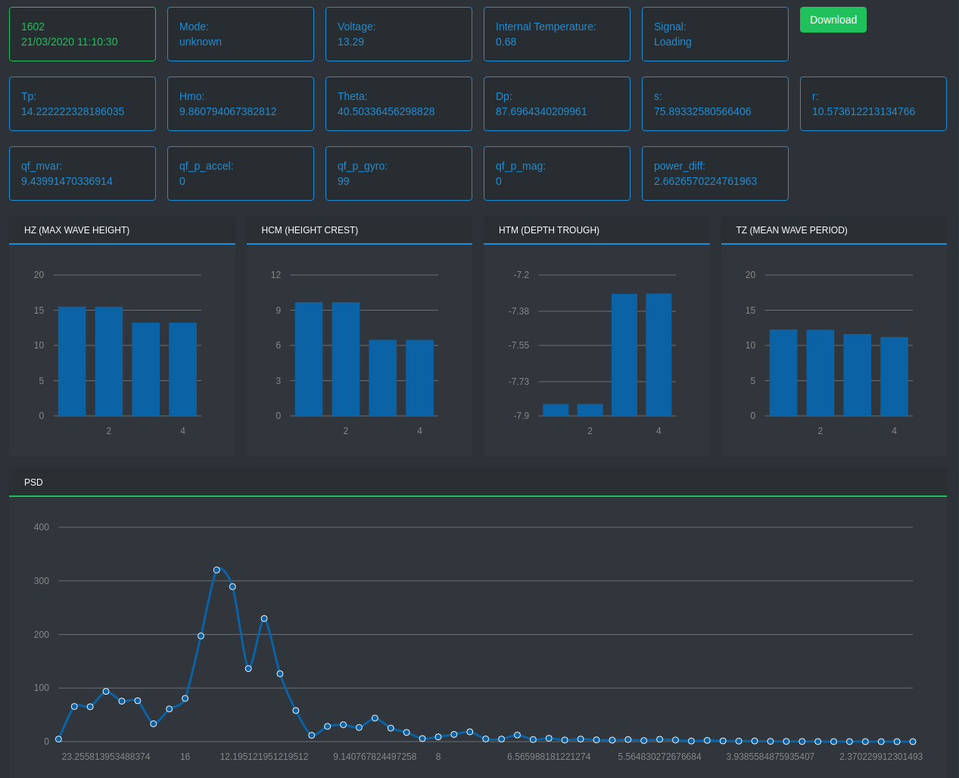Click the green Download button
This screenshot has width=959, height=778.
pyautogui.click(x=833, y=20)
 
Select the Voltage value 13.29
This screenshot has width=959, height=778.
pyautogui.click(x=350, y=42)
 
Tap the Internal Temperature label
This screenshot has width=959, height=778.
pyautogui.click(x=546, y=27)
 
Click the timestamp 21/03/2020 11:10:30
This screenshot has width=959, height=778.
pyautogui.click(x=70, y=42)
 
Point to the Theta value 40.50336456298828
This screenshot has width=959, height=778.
pyautogui.click(x=386, y=111)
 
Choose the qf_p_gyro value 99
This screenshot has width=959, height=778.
pyautogui.click(x=344, y=181)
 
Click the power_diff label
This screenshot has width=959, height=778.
pyautogui.click(x=680, y=166)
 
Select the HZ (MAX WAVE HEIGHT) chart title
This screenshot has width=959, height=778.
pyautogui.click(x=76, y=230)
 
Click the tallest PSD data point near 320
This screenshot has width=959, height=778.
pyautogui.click(x=216, y=570)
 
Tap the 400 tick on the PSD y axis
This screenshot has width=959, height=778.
pyautogui.click(x=42, y=527)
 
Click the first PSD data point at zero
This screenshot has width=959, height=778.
pyautogui.click(x=58, y=739)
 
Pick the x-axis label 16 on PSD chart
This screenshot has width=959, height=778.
pyautogui.click(x=185, y=757)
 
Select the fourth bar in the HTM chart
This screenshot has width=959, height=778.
pyautogui.click(x=659, y=355)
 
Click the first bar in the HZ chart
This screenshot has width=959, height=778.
pyautogui.click(x=72, y=361)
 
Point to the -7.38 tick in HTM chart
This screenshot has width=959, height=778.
pyautogui.click(x=519, y=311)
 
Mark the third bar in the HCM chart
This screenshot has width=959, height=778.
pyautogui.click(x=383, y=378)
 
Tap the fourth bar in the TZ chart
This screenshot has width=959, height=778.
pyautogui.click(x=894, y=377)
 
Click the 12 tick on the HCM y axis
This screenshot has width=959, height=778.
pyautogui.click(x=276, y=275)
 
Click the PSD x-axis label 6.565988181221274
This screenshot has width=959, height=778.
pyautogui.click(x=549, y=757)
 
